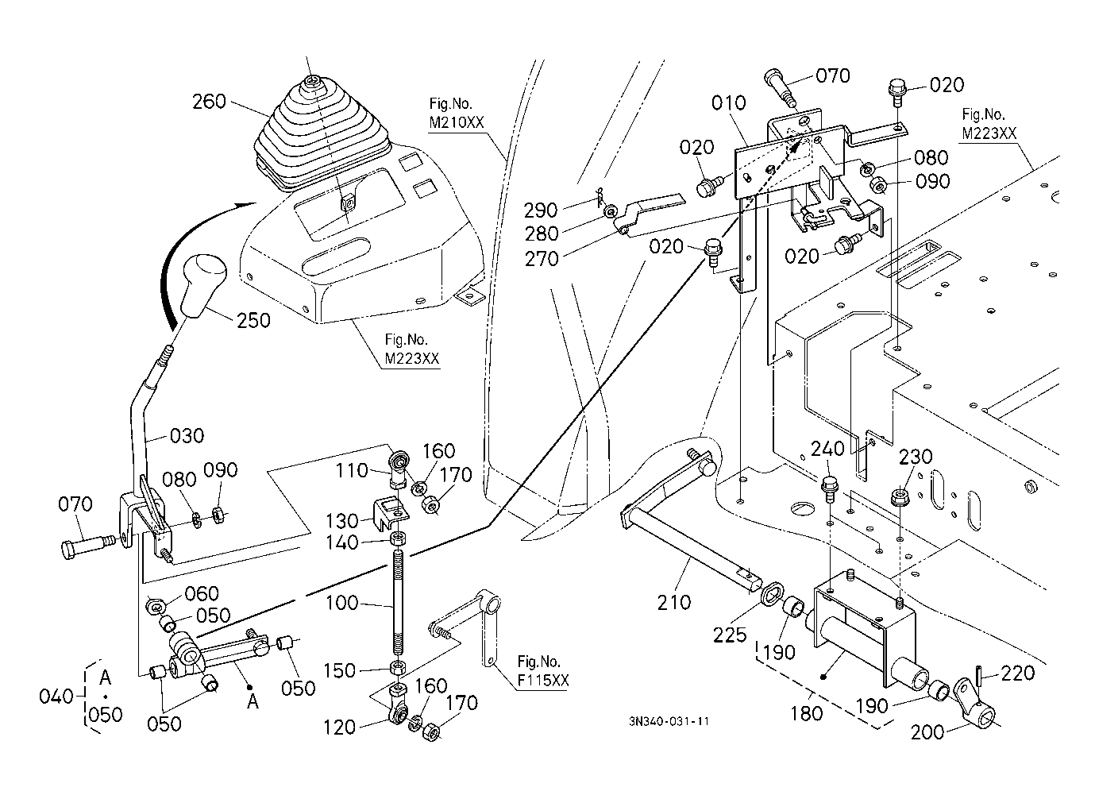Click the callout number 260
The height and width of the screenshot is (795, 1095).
[x=209, y=102]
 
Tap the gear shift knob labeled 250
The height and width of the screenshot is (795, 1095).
[x=204, y=285]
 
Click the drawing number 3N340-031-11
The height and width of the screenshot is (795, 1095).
[x=669, y=721]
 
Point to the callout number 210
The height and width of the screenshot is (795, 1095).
[x=673, y=602]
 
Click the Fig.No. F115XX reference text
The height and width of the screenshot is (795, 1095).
[x=542, y=671]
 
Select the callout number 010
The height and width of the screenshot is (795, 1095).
[x=728, y=103]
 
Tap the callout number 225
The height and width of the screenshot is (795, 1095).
[x=730, y=635]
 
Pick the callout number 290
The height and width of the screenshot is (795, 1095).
[x=541, y=210]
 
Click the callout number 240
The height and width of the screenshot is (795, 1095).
[x=827, y=449]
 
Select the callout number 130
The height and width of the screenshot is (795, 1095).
[x=342, y=521]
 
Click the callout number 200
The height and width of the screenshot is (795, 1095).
[x=927, y=732]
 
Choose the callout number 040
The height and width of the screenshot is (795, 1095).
[x=56, y=697]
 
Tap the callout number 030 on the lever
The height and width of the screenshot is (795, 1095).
[x=187, y=436]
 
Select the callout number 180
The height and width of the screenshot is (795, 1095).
[x=807, y=713]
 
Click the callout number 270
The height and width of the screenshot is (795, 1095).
[x=542, y=259]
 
